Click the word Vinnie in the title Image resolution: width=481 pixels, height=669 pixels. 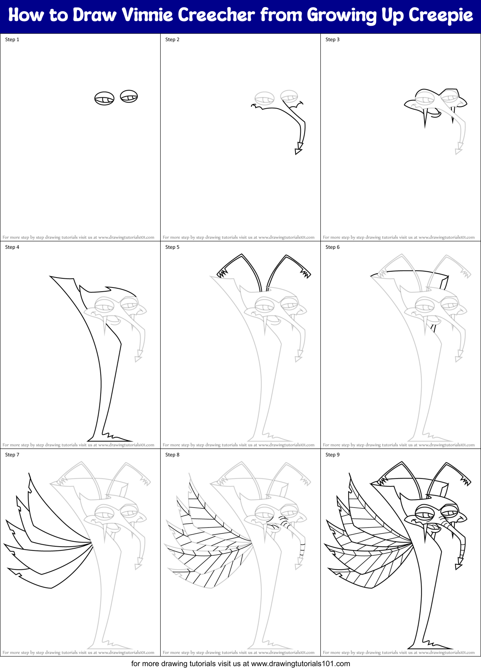coord(147,15)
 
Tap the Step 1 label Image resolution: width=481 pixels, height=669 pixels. coord(12,40)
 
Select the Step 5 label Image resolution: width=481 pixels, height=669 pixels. coord(172,247)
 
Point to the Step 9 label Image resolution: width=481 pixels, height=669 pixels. coord(332,455)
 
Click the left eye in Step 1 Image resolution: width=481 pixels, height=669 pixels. coord(104,99)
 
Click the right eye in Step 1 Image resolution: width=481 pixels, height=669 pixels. coord(129,97)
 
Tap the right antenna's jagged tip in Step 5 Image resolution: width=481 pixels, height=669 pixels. coord(306,273)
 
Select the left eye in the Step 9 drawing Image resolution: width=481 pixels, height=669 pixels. coord(424,510)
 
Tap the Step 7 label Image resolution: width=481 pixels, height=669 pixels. coord(12,455)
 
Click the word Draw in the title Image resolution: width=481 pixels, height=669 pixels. coord(95,15)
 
